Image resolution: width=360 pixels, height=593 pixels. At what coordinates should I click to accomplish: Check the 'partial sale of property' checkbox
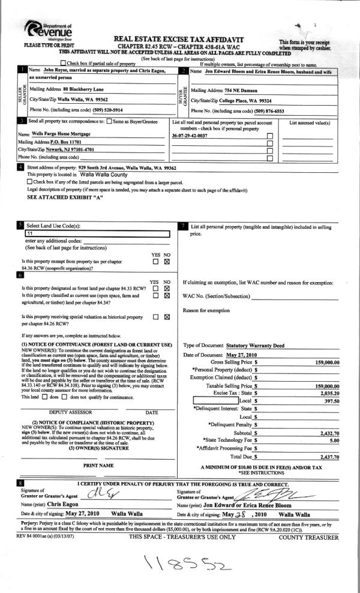click(x=63, y=63)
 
